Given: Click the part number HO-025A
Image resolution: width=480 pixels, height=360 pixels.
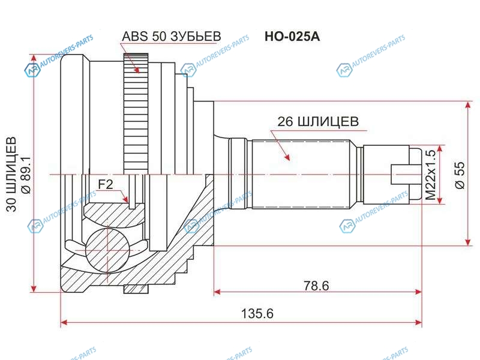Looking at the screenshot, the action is pyautogui.click(x=292, y=37).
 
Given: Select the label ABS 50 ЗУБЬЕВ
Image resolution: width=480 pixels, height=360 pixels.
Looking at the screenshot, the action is pyautogui.click(x=172, y=36).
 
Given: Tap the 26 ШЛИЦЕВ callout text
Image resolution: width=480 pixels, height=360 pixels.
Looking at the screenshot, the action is pyautogui.click(x=318, y=122).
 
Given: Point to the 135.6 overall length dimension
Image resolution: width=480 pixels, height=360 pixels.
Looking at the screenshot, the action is pyautogui.click(x=257, y=313).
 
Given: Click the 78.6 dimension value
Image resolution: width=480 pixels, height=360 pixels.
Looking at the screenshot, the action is pyautogui.click(x=316, y=286).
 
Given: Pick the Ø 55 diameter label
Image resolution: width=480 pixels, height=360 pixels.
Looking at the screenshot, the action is pyautogui.click(x=460, y=175).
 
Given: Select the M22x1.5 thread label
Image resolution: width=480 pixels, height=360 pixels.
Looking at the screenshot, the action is pyautogui.click(x=431, y=175).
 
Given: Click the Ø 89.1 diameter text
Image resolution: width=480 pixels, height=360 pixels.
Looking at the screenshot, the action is pyautogui.click(x=26, y=175).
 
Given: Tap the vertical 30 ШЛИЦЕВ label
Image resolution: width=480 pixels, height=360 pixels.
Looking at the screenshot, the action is pyautogui.click(x=11, y=175).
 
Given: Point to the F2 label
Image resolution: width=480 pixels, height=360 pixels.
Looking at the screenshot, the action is pyautogui.click(x=106, y=184).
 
